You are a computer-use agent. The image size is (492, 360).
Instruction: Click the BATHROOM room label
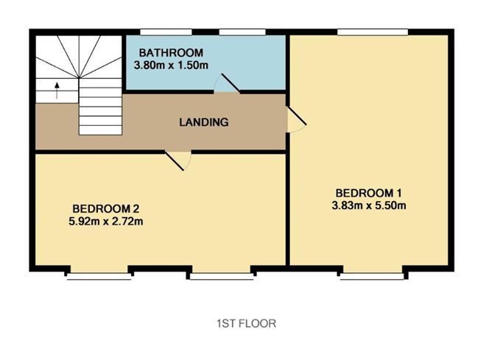point(171,53)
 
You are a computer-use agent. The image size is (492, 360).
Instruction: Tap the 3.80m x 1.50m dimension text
point(171,66)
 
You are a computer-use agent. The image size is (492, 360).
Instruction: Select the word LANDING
point(204,122)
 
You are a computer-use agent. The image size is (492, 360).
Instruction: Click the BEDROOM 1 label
point(369,193)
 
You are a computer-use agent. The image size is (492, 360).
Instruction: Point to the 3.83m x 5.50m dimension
point(369,205)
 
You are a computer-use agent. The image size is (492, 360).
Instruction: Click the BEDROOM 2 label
point(106,208)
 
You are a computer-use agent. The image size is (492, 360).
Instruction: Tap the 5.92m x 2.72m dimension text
point(106,222)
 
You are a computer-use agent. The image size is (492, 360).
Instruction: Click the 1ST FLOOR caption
point(246,323)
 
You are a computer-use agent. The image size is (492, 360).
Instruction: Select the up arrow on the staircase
point(57,91)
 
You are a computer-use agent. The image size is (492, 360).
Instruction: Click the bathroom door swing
point(227,83)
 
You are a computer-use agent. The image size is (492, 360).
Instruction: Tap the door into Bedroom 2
point(178,160)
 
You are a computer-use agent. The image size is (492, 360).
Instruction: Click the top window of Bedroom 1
point(373,32)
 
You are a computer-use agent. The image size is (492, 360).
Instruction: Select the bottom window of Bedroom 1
point(372,276)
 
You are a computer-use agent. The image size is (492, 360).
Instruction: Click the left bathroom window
point(166,32)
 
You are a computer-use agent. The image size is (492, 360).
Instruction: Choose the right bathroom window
point(242,32)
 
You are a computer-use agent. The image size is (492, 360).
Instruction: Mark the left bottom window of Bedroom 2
point(99,276)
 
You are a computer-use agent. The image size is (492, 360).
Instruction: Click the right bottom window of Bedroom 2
point(222,276)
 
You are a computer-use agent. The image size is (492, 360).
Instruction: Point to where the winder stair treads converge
point(79,77)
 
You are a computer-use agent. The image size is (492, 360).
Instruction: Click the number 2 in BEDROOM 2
point(136,208)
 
